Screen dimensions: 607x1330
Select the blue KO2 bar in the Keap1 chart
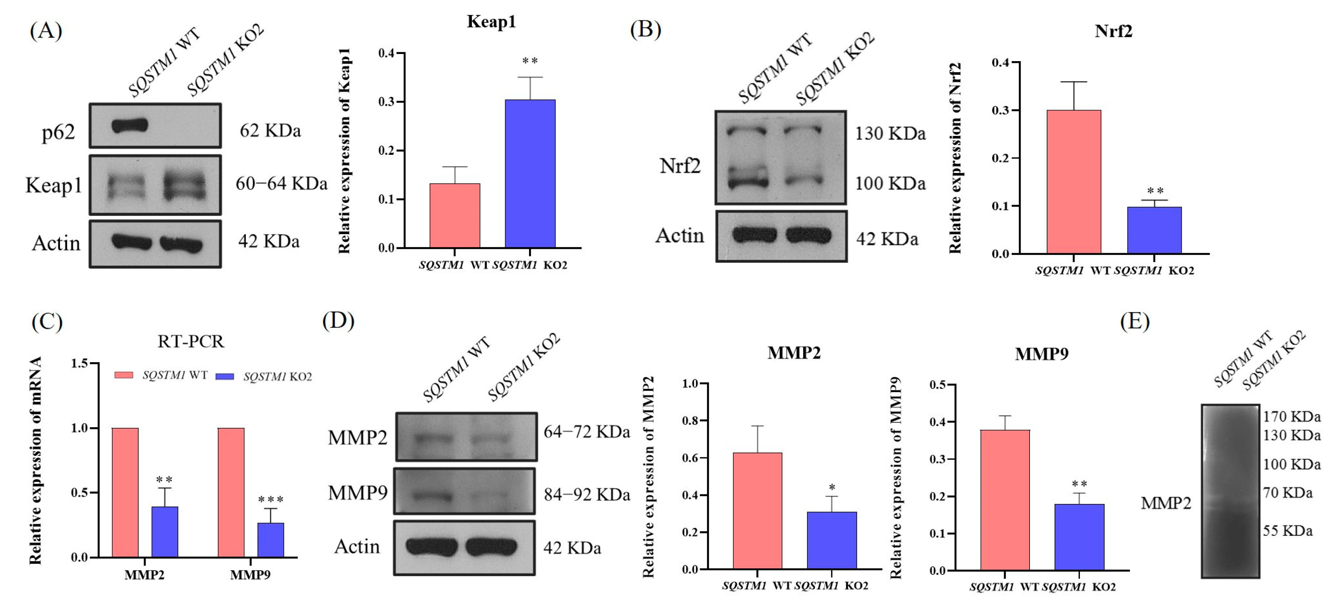pyautogui.click(x=530, y=174)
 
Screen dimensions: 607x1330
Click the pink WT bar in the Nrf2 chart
pyautogui.click(x=1074, y=182)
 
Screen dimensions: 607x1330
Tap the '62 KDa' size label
pyautogui.click(x=270, y=131)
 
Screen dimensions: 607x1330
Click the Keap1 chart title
pyautogui.click(x=491, y=22)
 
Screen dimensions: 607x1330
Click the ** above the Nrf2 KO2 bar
pyautogui.click(x=1155, y=192)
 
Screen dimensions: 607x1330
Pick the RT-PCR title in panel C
pyautogui.click(x=190, y=341)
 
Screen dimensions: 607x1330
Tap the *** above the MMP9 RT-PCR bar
pyautogui.click(x=270, y=499)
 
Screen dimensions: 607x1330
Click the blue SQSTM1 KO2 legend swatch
pyautogui.click(x=225, y=376)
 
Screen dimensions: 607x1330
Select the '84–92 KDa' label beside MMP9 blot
pyautogui.click(x=587, y=495)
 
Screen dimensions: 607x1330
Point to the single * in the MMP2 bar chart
pyautogui.click(x=832, y=488)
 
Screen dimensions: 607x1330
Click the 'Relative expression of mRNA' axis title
pyautogui.click(x=35, y=460)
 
